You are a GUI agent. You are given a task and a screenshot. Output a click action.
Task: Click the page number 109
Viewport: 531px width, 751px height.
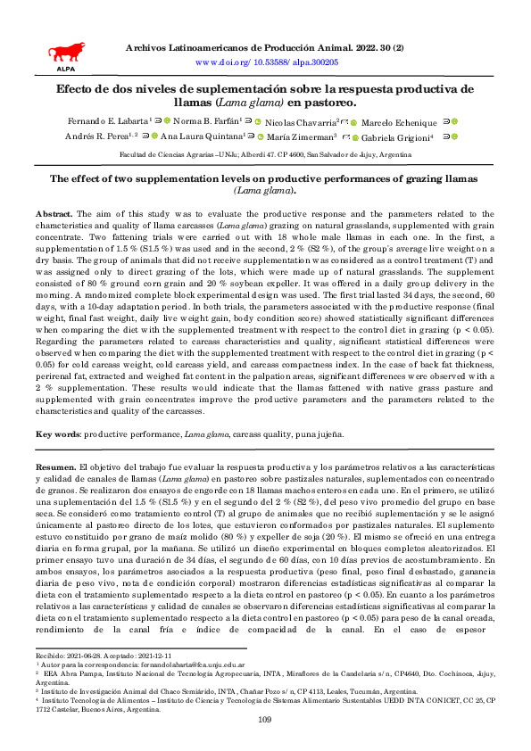(x=264, y=720)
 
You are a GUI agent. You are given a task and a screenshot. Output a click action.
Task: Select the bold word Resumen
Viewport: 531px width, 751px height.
(x=55, y=466)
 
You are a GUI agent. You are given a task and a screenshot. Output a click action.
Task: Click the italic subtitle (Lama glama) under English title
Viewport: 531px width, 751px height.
(x=265, y=191)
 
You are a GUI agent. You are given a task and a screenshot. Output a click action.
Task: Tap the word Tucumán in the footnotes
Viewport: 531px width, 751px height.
(x=348, y=690)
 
